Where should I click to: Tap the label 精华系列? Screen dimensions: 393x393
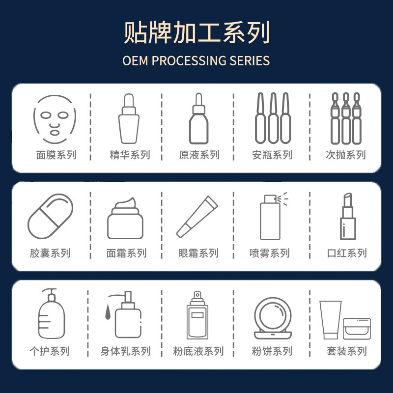click(130, 155)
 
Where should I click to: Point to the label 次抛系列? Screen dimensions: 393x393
click(346, 155)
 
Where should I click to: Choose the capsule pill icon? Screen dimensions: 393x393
click(50, 216)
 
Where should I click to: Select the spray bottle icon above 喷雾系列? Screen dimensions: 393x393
click(271, 217)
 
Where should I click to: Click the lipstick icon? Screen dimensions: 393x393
click(347, 216)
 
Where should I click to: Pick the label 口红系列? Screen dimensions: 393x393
click(347, 253)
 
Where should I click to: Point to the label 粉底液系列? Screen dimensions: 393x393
click(198, 352)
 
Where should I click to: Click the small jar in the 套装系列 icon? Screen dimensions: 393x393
click(357, 328)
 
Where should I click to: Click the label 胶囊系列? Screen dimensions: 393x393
click(50, 253)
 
